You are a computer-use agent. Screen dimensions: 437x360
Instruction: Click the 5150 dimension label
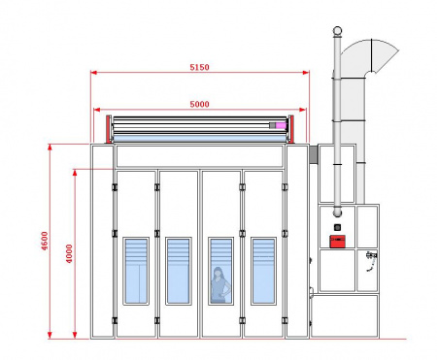[199, 67]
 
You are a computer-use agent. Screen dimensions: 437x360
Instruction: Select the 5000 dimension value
[199, 104]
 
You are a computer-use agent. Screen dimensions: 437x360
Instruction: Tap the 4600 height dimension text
[45, 241]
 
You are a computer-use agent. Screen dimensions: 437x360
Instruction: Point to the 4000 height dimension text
[69, 253]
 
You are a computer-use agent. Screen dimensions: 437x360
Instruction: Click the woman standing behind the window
[220, 285]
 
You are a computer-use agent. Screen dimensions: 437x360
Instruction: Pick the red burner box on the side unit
[337, 242]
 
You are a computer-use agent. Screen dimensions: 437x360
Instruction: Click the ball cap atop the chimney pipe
[337, 31]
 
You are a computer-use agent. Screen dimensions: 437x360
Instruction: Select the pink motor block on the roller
[281, 125]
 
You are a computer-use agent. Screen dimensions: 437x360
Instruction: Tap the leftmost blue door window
[136, 271]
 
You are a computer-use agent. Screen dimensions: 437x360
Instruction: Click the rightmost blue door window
[263, 271]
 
